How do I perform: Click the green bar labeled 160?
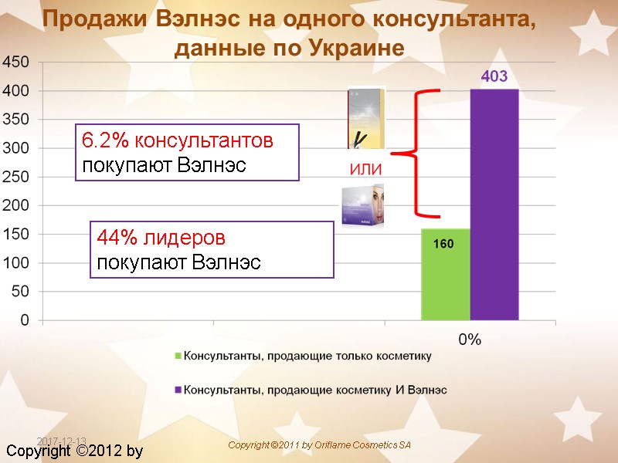coord(445,274)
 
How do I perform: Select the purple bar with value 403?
coord(494,204)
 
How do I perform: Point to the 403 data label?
coord(494,77)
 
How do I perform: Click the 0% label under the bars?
coord(470,340)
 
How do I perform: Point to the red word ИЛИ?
coord(366,170)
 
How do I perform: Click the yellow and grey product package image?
coord(366,117)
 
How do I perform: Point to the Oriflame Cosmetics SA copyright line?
coord(319,445)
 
